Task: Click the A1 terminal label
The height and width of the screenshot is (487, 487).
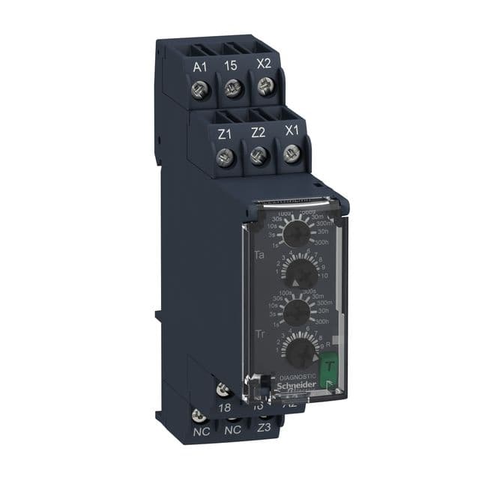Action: [x=200, y=67]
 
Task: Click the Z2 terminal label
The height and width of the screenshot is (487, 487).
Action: [x=258, y=133]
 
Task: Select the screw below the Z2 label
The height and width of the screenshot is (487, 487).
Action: [x=257, y=157]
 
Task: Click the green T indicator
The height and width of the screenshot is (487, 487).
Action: [x=328, y=368]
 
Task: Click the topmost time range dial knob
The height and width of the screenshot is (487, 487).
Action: [x=298, y=235]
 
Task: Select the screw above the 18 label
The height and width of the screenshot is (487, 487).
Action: [x=223, y=389]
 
